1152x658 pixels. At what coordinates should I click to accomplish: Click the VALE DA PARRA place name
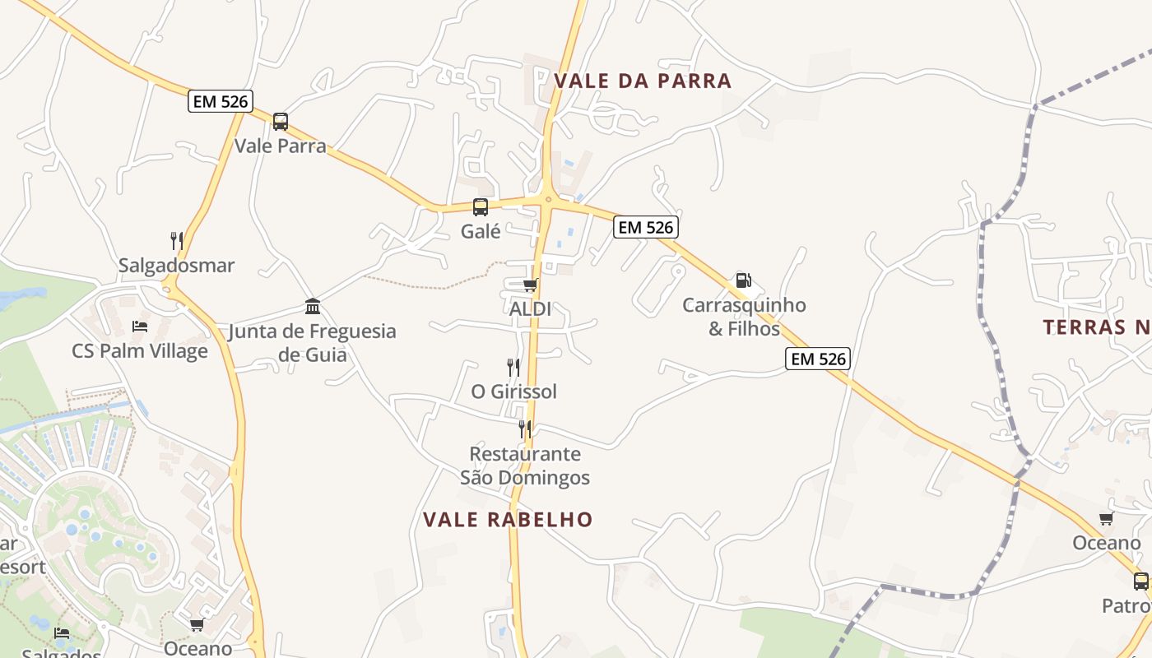coord(643,81)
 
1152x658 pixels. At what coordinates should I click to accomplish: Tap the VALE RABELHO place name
coord(508,520)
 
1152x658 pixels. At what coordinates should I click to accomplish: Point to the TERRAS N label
coord(1097,327)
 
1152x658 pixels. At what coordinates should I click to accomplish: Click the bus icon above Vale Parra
coord(281,122)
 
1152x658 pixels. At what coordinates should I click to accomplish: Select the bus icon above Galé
coord(481,207)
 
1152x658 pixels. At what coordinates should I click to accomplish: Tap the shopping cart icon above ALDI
coord(531,285)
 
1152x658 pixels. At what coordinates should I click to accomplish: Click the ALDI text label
coord(531,309)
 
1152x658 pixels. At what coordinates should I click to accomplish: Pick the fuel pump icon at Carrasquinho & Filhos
coord(743,280)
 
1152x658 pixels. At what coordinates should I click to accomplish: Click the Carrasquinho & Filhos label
coord(744,317)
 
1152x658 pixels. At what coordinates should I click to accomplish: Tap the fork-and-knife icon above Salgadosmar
coord(177,240)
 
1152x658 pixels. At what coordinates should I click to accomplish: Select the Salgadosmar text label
coord(177,266)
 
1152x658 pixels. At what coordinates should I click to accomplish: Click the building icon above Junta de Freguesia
coord(313,307)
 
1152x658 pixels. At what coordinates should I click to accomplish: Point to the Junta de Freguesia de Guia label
coord(313,343)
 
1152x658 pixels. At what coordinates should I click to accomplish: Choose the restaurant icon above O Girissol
coord(513,367)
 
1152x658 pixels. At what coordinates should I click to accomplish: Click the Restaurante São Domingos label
coord(525,466)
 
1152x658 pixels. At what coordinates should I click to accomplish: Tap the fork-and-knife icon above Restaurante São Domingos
coord(524,429)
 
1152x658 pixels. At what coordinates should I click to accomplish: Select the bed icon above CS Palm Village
coord(140,327)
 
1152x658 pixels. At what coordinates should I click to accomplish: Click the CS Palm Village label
coord(140,351)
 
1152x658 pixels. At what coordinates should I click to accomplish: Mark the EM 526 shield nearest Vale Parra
coord(220,101)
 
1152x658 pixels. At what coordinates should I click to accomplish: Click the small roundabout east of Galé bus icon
coord(548,198)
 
